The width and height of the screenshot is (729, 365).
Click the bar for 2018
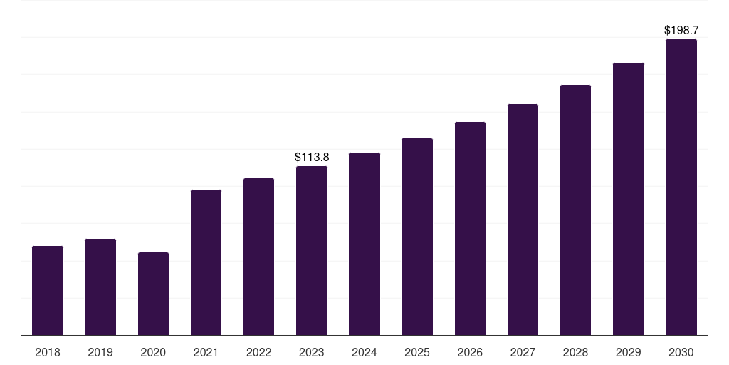(48, 291)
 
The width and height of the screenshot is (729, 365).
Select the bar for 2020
(153, 294)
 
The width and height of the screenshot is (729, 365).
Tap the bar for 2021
(206, 262)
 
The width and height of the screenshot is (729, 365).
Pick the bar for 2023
(312, 251)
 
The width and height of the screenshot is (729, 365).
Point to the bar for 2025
(417, 237)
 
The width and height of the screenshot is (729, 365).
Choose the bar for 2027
(523, 220)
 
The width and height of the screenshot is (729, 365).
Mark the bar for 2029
(629, 199)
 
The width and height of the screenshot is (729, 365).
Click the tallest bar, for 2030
(681, 187)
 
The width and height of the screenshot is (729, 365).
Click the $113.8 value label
(312, 157)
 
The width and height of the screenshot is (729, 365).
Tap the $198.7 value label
(681, 30)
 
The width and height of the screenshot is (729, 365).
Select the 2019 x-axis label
(100, 352)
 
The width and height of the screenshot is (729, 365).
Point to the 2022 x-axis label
(259, 352)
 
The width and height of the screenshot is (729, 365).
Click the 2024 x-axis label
(364, 352)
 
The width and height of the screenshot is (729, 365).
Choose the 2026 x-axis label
(470, 352)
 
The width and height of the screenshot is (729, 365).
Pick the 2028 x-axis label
(575, 352)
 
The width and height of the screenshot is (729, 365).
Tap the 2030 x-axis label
(681, 352)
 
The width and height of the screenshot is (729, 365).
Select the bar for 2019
(100, 287)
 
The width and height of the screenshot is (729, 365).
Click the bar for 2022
(259, 257)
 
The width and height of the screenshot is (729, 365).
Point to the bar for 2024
(364, 244)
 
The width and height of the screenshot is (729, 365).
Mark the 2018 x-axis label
(48, 352)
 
